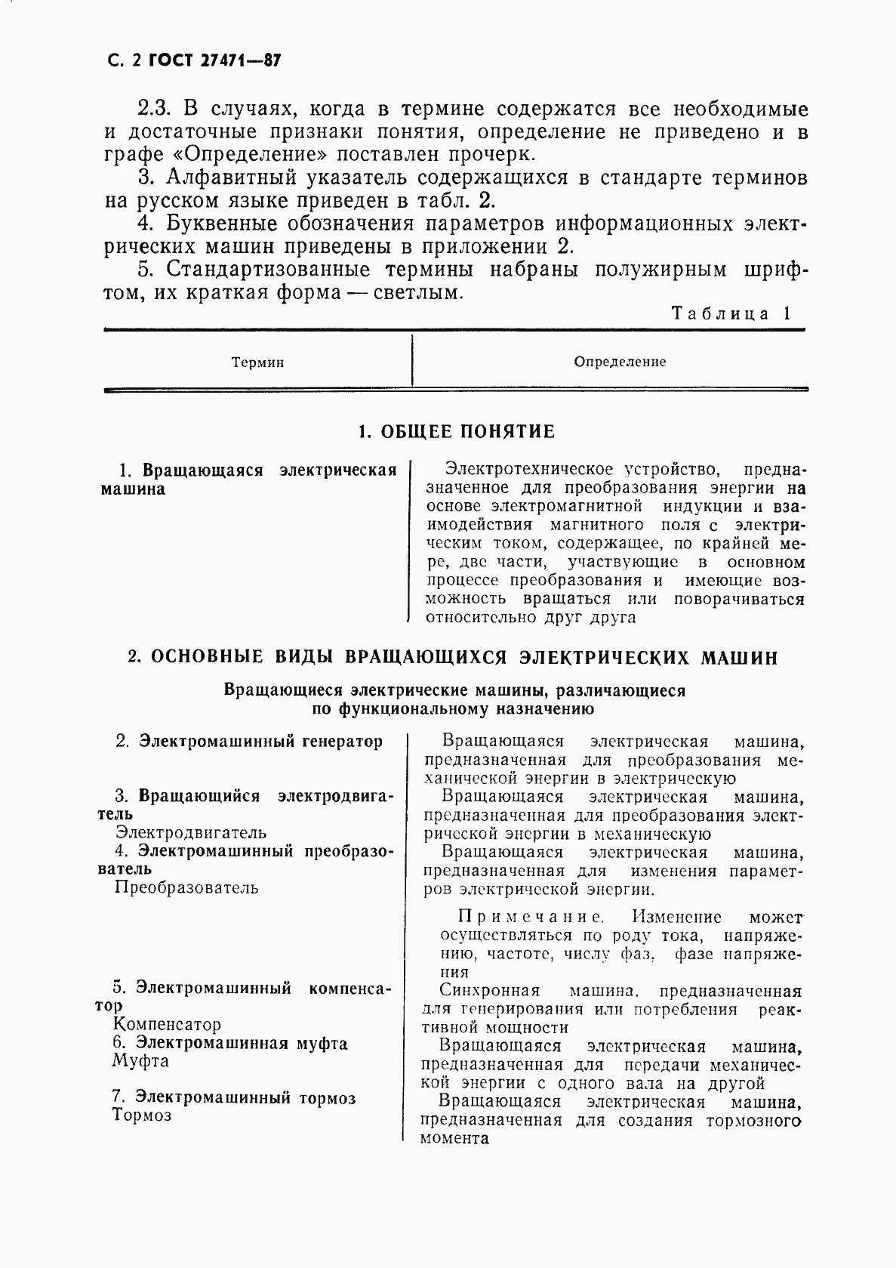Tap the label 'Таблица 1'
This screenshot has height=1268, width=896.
point(731,313)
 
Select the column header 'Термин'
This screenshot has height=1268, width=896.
point(257,363)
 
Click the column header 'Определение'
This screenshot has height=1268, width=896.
point(620,362)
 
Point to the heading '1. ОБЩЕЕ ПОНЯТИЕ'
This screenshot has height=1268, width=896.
point(456,432)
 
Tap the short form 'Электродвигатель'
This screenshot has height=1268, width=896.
point(191,832)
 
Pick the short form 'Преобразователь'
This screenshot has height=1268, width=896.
point(186,887)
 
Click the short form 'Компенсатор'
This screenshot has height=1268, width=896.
point(167,1025)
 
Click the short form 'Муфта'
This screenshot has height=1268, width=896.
point(140,1061)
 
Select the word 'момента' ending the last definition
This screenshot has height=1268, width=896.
point(454,1138)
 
